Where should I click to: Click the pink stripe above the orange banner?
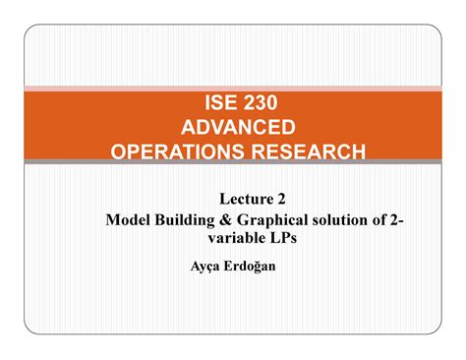[x=233, y=89]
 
